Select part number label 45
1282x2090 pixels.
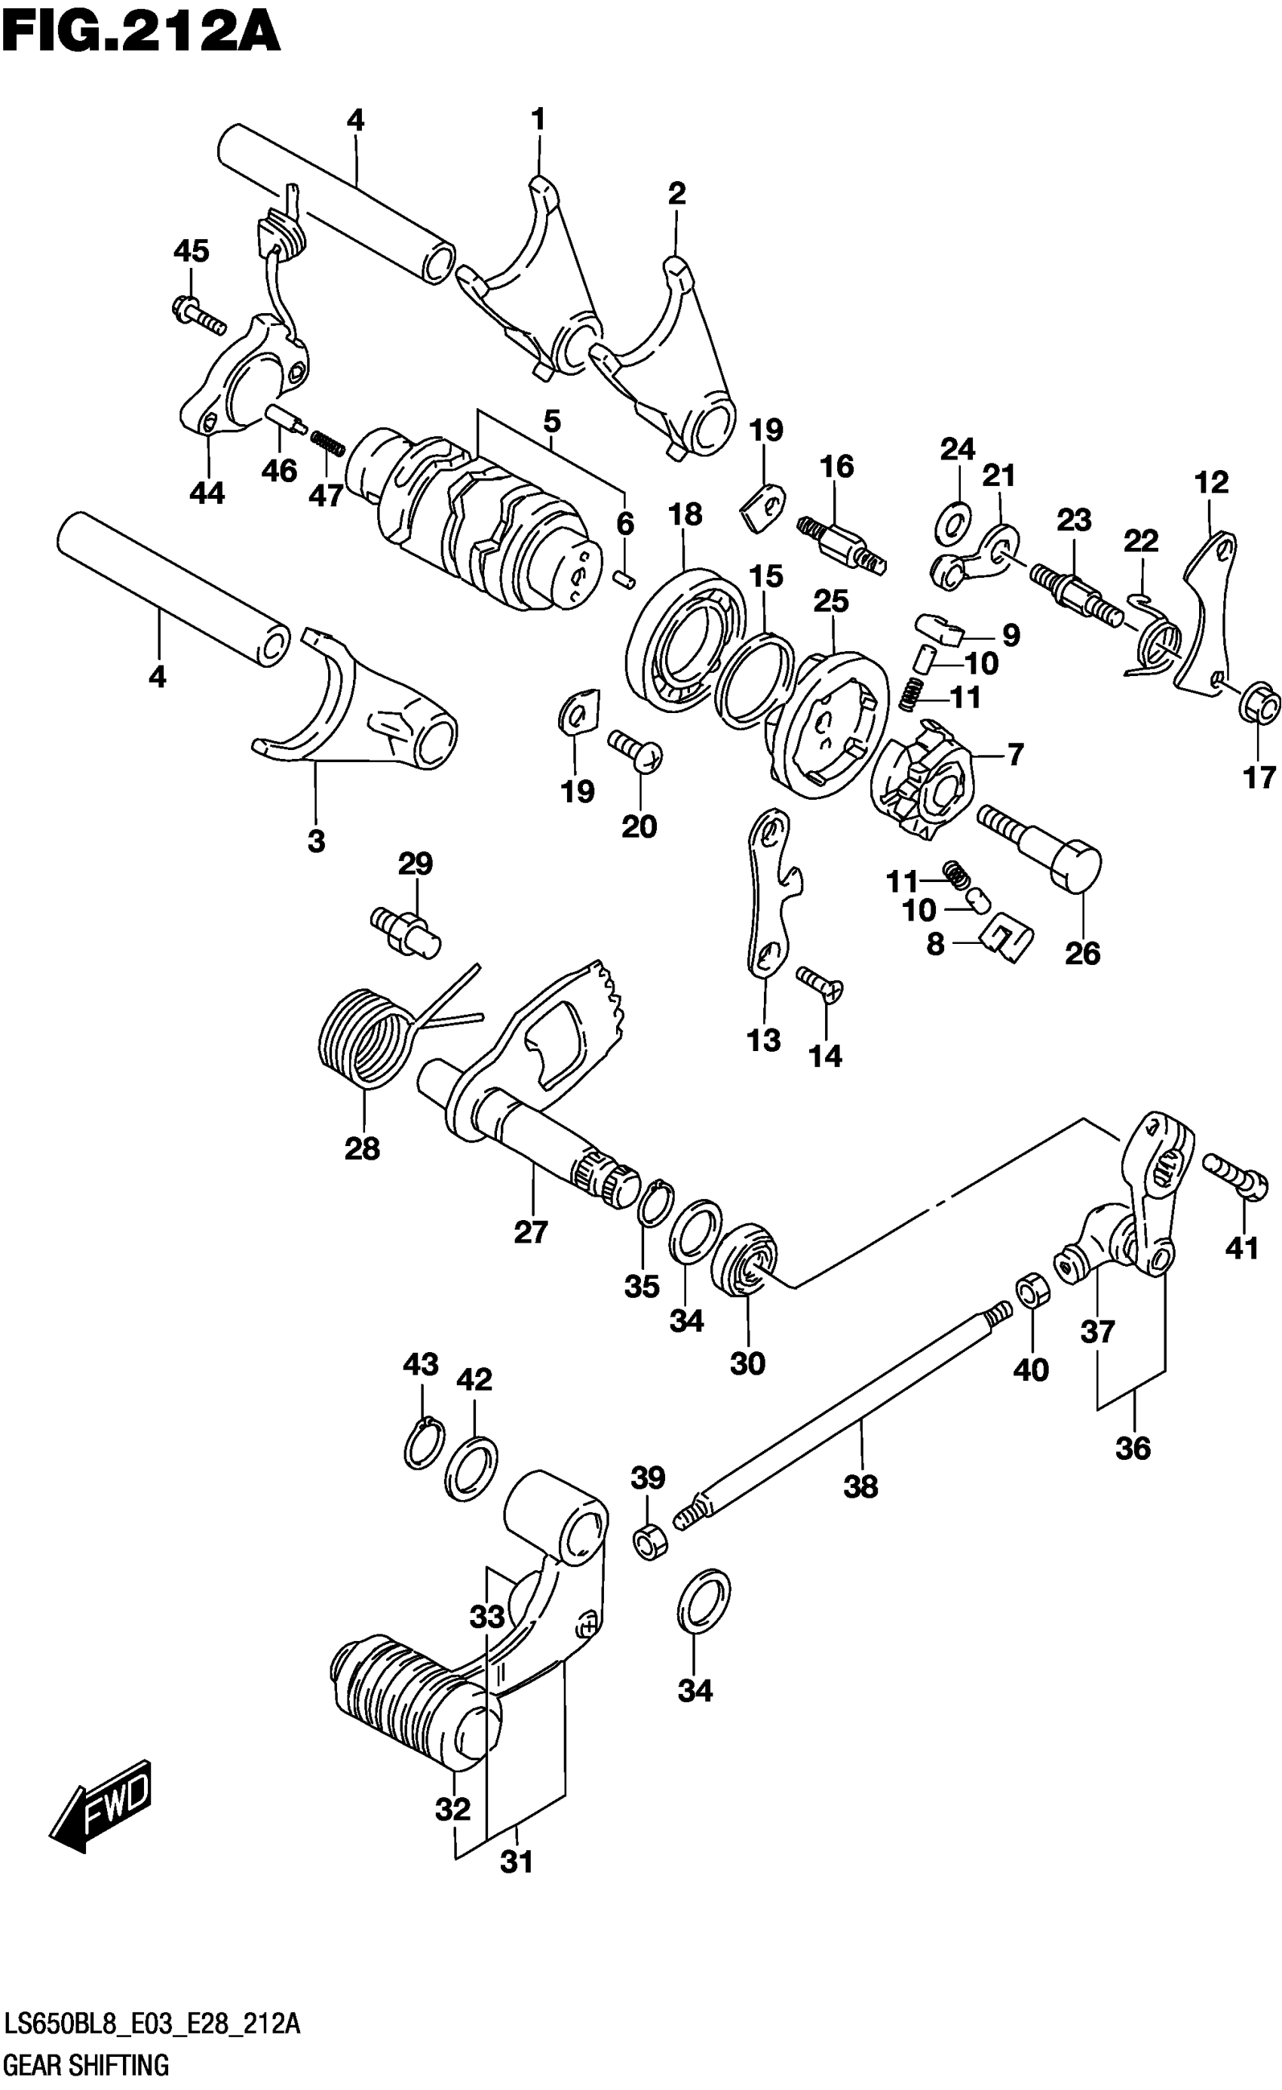pyautogui.click(x=191, y=251)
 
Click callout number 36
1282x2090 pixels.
pyautogui.click(x=1133, y=1448)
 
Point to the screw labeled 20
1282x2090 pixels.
pyautogui.click(x=636, y=750)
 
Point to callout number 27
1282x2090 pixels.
pyautogui.click(x=531, y=1231)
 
